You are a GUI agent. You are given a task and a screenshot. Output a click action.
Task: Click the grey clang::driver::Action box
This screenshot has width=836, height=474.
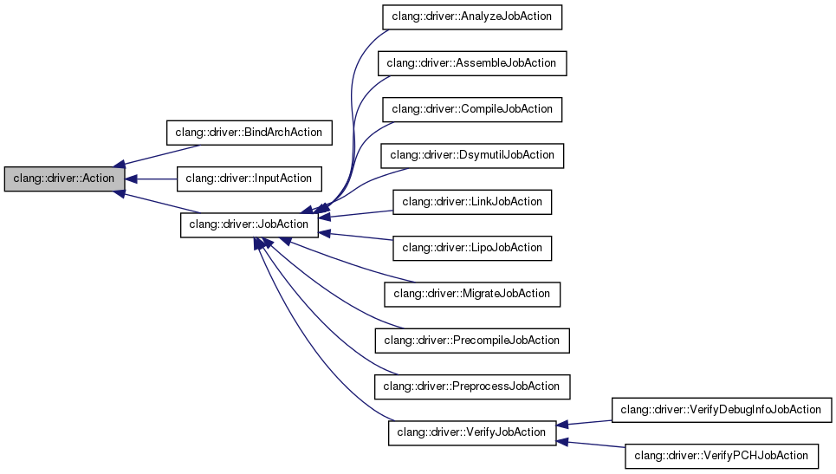click(64, 179)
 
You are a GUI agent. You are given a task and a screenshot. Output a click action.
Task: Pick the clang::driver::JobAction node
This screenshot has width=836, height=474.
click(249, 224)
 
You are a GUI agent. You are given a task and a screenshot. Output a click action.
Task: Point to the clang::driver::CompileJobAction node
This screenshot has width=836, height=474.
click(472, 109)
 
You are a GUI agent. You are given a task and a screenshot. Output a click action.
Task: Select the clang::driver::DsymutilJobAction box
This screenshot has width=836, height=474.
click(472, 155)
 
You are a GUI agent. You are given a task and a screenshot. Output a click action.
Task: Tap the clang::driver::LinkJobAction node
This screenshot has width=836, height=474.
click(472, 202)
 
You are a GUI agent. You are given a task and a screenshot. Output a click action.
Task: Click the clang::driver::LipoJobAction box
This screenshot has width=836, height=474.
click(472, 248)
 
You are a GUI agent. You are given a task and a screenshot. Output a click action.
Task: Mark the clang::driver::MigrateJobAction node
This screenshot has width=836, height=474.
click(472, 294)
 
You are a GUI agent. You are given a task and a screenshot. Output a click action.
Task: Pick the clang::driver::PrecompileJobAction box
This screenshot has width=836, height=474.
click(472, 340)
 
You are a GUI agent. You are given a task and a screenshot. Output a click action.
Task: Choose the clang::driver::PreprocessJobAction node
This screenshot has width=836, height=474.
click(472, 386)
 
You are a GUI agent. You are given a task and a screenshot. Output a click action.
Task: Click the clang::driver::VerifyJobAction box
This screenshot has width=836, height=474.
click(472, 432)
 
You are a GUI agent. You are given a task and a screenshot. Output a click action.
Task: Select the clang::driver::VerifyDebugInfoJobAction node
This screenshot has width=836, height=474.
click(721, 409)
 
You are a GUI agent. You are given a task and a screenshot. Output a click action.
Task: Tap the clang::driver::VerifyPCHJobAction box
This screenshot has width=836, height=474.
click(721, 455)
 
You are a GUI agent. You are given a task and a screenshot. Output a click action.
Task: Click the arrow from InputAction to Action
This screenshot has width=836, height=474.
click(152, 179)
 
